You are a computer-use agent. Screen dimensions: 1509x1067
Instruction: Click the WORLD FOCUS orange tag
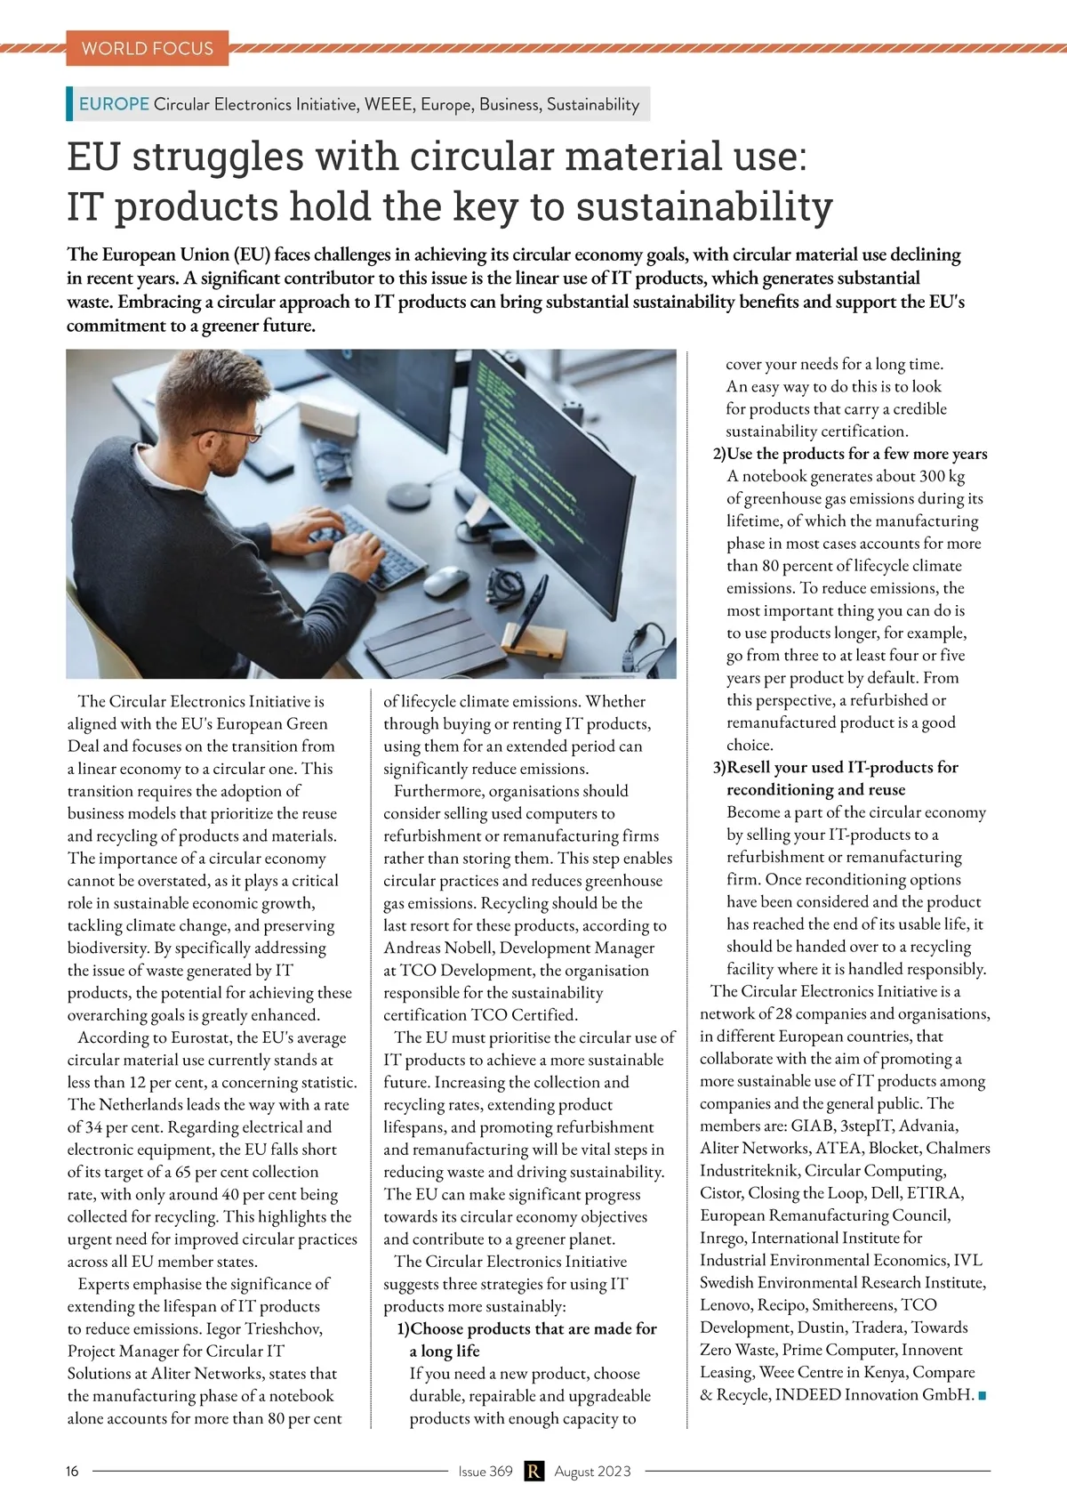click(x=147, y=48)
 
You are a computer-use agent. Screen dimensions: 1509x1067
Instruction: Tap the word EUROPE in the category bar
click(x=114, y=104)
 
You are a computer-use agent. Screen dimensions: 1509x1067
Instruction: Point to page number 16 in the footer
click(x=72, y=1471)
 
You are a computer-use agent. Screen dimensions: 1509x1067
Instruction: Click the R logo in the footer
click(x=533, y=1471)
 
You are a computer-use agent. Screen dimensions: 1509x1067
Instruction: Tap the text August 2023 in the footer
click(x=592, y=1471)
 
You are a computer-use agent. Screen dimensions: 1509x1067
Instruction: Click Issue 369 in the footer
click(x=485, y=1471)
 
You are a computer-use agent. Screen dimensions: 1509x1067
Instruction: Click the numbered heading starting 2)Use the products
click(x=850, y=454)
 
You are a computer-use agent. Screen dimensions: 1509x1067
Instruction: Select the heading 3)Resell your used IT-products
click(x=836, y=767)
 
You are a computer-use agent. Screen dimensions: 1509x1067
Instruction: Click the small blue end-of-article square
click(x=983, y=1395)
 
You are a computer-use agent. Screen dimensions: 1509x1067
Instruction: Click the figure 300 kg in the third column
click(x=942, y=476)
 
